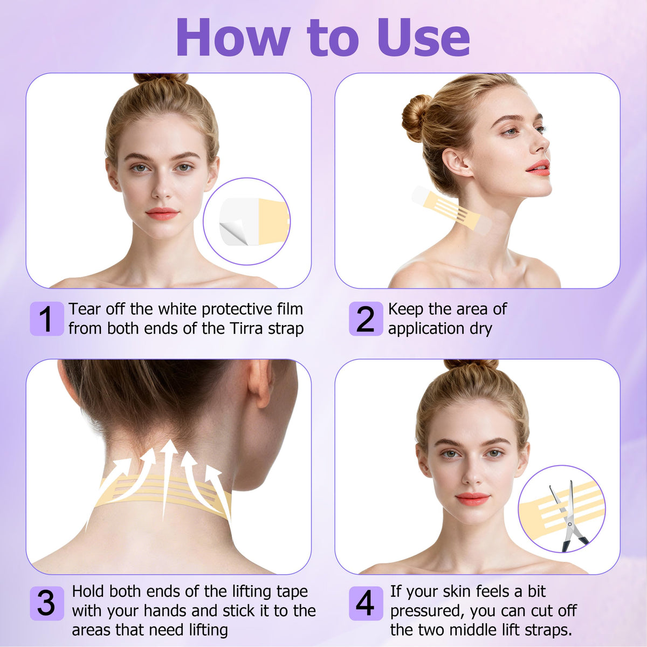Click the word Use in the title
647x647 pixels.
click(x=424, y=37)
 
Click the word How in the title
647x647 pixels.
click(x=233, y=37)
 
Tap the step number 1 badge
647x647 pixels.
click(x=47, y=318)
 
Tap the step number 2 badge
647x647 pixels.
click(x=366, y=318)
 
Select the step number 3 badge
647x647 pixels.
click(x=47, y=603)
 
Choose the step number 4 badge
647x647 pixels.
click(x=366, y=603)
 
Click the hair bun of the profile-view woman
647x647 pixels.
click(x=417, y=118)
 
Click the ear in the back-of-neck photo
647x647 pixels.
click(x=259, y=383)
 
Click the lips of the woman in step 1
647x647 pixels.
click(x=162, y=214)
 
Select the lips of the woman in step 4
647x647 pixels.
click(x=472, y=499)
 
